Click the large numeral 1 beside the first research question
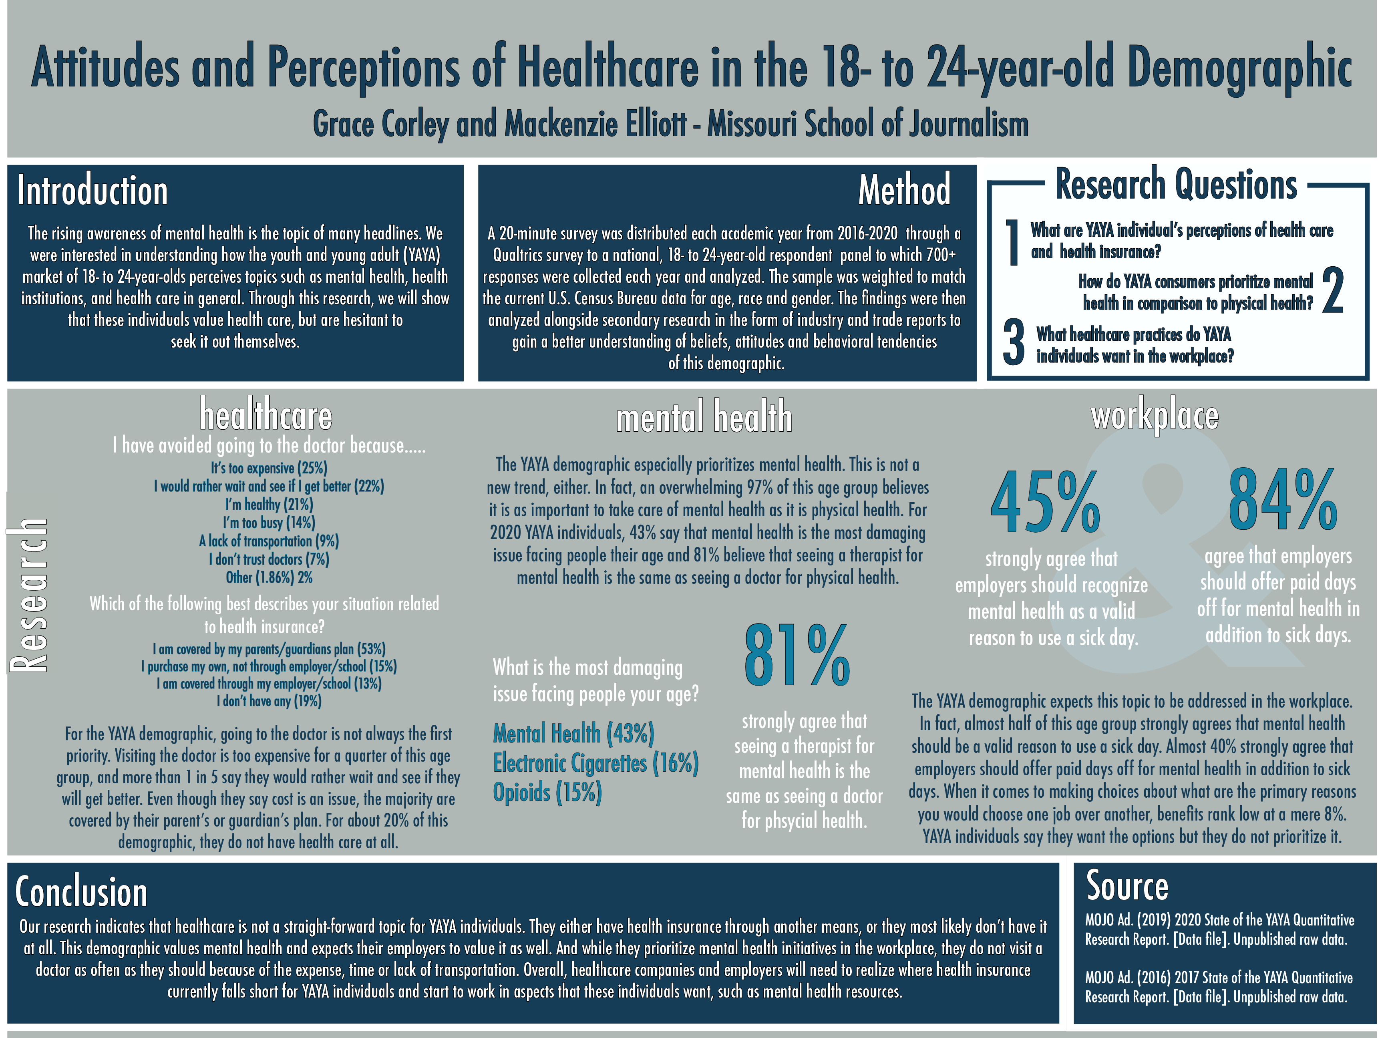1012,243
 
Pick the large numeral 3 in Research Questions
1013,343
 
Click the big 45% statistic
1045,503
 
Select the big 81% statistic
797,655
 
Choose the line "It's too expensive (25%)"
269,468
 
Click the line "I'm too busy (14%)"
269,523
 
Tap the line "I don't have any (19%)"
269,701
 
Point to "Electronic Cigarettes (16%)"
595,763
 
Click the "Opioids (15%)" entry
547,793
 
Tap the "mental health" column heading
704,417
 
